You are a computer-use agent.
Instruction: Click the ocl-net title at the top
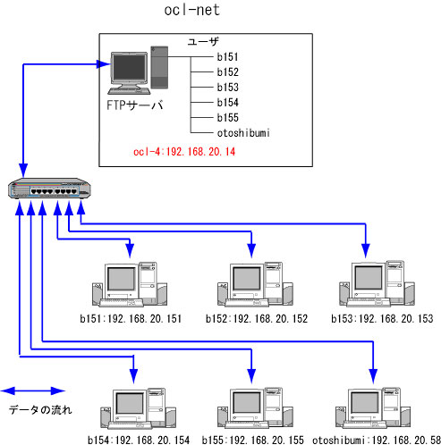click(192, 10)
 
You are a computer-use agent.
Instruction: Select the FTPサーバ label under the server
click(135, 105)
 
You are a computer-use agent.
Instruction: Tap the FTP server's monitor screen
click(130, 68)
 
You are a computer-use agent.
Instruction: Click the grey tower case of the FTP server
click(159, 67)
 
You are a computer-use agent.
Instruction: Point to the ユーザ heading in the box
click(203, 41)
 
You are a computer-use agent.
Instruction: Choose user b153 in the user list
click(228, 88)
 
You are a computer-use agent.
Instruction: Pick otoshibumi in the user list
click(243, 132)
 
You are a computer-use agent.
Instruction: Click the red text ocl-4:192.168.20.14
click(184, 152)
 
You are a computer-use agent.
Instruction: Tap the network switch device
click(49, 189)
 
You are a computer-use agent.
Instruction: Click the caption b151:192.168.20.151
click(131, 319)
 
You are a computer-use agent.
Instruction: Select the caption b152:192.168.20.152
click(257, 319)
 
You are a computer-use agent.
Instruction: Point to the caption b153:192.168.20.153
click(382, 319)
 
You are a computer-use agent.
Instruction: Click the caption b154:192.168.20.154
click(139, 440)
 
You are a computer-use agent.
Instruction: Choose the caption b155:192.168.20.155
click(253, 440)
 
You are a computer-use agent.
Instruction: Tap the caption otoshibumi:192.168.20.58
click(377, 440)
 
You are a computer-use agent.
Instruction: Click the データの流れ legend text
click(40, 410)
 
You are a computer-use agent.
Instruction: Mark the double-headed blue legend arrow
click(33, 390)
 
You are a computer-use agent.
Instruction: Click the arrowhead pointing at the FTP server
click(103, 63)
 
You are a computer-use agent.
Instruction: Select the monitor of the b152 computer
click(246, 278)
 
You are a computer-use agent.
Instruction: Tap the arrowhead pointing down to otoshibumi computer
click(373, 376)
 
